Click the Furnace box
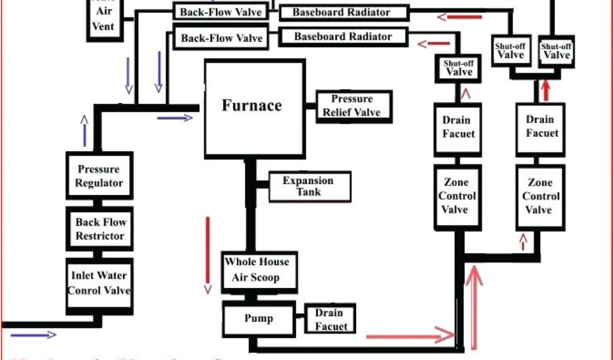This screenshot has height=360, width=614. (252, 106)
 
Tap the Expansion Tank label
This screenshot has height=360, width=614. (308, 187)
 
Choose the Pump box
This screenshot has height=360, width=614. (258, 319)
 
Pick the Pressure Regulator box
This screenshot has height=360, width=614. (99, 176)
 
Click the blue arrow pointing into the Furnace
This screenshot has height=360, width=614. (174, 118)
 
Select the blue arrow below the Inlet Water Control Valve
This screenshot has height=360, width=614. (34, 335)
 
